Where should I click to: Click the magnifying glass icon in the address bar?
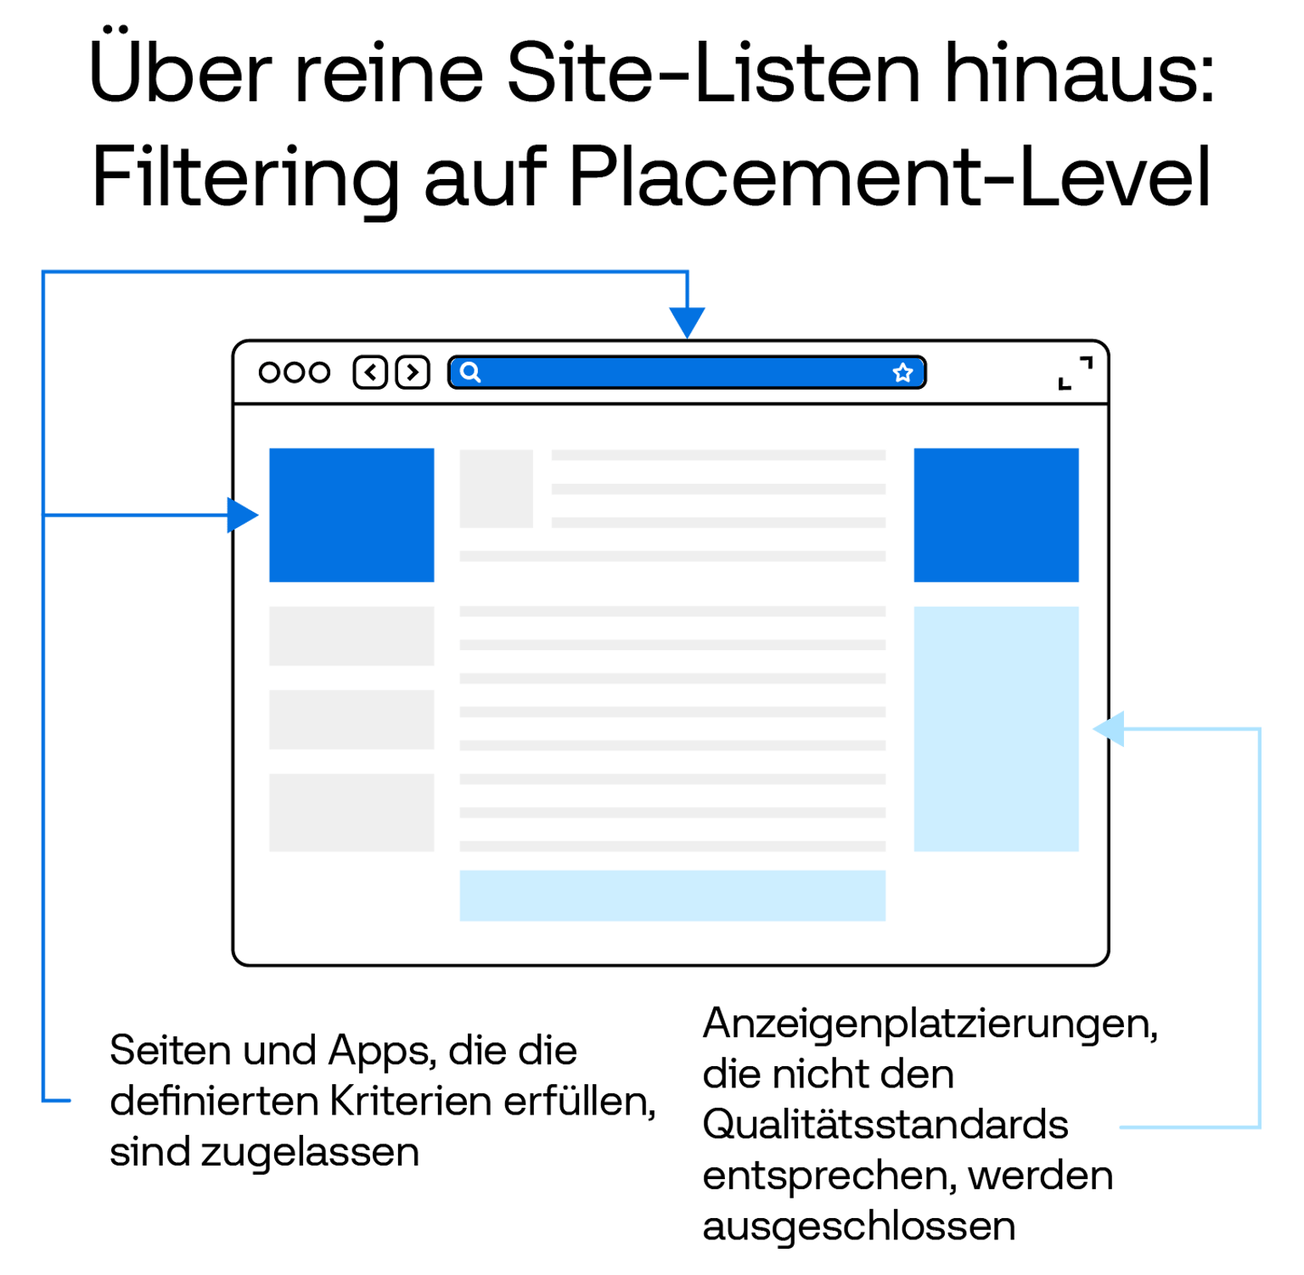(470, 373)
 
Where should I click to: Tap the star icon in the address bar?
(902, 373)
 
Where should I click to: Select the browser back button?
(370, 373)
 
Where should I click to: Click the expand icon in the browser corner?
(1076, 374)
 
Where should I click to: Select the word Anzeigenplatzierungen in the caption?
(930, 1025)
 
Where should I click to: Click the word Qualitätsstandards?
(885, 1126)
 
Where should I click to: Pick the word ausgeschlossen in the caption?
(858, 1227)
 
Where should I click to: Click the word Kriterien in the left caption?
(411, 1101)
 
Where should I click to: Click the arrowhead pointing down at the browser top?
(687, 323)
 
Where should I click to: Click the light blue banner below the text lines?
(672, 895)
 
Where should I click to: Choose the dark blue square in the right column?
(996, 515)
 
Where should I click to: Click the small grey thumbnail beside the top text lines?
(496, 489)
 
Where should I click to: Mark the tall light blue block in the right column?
(996, 728)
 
